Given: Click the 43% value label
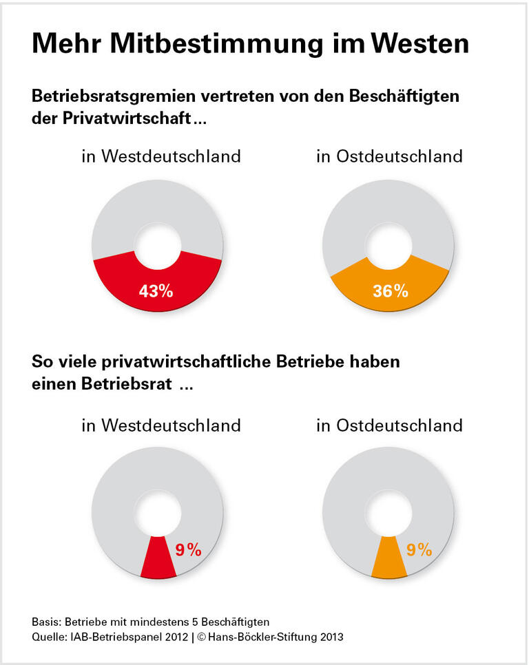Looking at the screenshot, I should [156, 291].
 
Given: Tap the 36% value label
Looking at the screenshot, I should [391, 291].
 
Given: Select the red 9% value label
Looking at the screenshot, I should [187, 549].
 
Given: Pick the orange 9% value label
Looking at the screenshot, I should [419, 549].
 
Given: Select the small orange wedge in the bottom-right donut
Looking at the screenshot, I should [386, 559].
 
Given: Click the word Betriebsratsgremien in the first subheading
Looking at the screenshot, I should [121, 96].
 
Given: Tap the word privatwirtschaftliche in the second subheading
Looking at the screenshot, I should [190, 361].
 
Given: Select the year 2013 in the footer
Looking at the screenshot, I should [329, 637].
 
